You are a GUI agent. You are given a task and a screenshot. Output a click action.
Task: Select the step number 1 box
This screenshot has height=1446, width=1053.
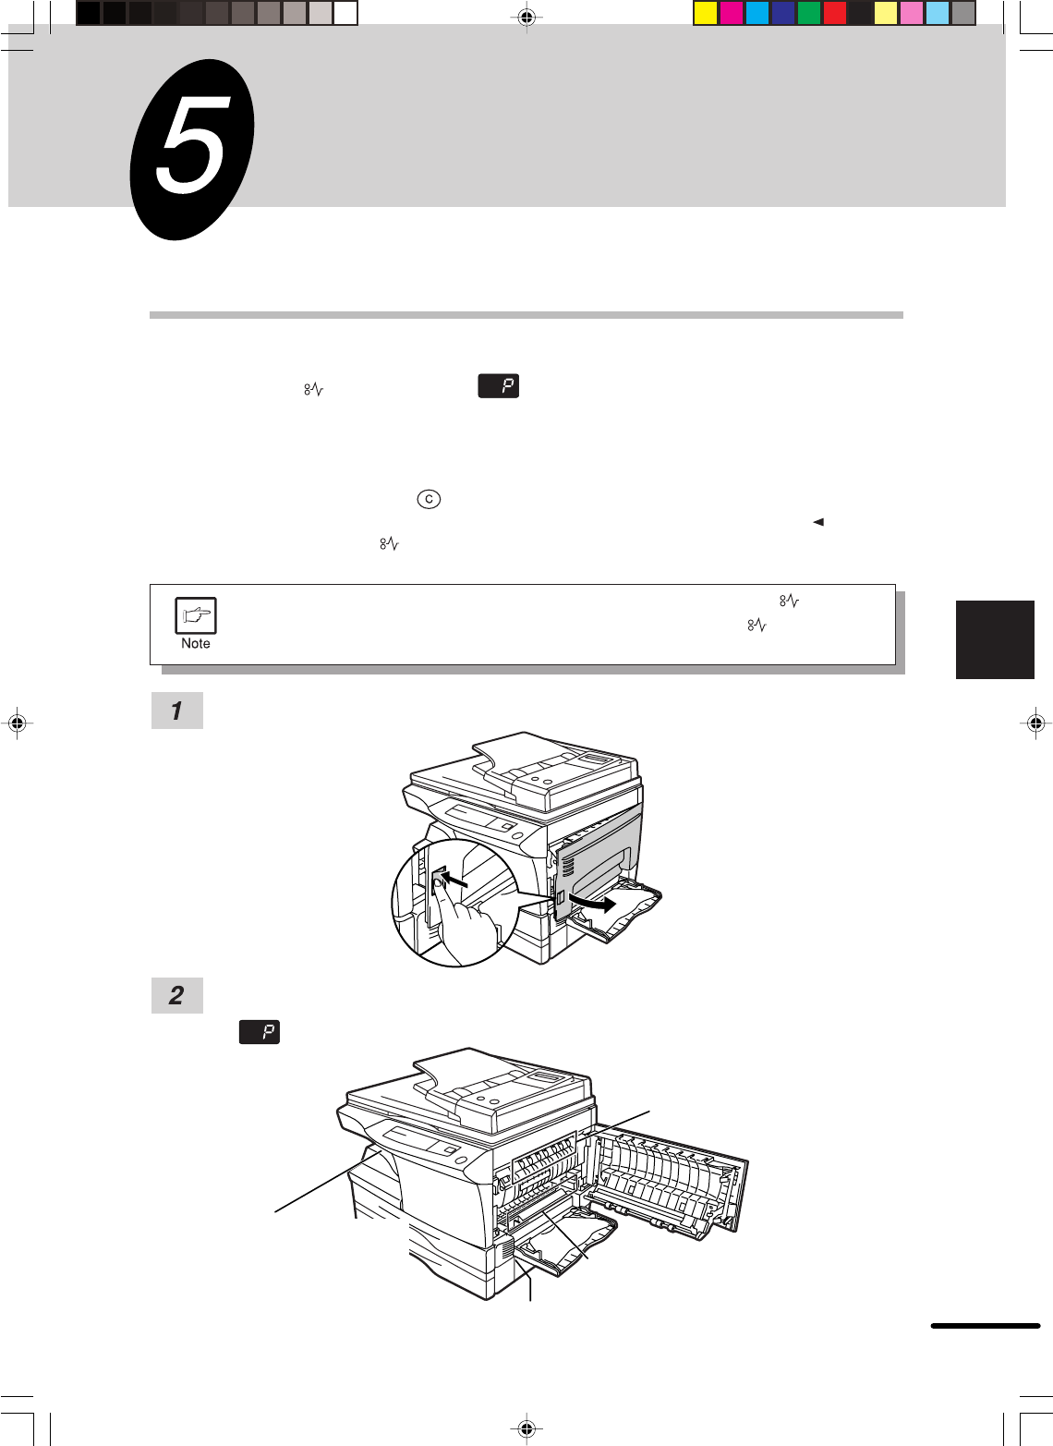176,711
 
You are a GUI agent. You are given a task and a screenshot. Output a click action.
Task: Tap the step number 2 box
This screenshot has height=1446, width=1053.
176,995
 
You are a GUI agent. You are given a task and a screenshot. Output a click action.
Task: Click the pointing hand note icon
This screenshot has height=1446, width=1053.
196,615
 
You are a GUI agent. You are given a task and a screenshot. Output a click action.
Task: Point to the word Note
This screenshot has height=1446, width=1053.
196,644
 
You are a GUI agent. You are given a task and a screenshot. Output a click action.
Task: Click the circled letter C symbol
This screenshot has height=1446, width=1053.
429,499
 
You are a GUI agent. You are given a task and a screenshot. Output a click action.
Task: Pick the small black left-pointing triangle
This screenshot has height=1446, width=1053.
818,522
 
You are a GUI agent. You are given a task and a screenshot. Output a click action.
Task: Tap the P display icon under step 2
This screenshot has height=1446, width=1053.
260,1031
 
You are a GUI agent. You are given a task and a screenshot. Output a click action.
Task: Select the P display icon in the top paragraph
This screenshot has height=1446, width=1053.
498,386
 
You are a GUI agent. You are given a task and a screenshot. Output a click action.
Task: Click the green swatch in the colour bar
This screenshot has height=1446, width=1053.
808,14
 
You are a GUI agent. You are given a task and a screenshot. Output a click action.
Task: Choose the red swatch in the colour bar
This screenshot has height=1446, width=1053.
834,14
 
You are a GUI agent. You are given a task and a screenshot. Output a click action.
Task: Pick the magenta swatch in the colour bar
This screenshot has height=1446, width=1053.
731,14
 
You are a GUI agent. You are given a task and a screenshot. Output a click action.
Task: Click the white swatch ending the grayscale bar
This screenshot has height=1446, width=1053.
345,14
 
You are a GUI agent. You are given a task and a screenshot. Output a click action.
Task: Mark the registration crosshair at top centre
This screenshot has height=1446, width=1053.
526,18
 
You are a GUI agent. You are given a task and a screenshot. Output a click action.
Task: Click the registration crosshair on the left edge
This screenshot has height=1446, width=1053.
18,723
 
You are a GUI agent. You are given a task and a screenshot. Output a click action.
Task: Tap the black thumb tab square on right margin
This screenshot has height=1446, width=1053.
995,639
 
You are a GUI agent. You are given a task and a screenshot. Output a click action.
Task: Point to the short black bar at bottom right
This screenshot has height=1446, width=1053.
986,1326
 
